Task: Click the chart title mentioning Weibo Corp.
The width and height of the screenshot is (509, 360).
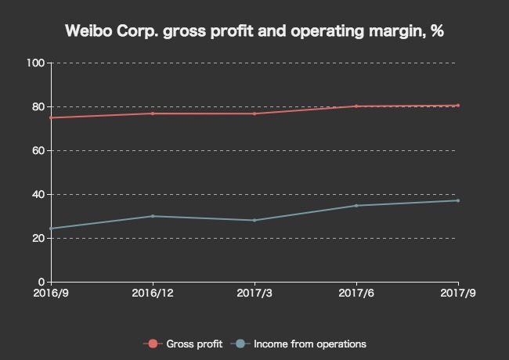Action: click(x=254, y=32)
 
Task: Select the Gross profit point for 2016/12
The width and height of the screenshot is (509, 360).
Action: click(x=153, y=113)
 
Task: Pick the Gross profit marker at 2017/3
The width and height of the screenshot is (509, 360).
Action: click(x=254, y=113)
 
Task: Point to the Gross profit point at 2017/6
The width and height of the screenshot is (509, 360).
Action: click(x=356, y=106)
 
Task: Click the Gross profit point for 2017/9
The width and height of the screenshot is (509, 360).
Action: click(x=458, y=106)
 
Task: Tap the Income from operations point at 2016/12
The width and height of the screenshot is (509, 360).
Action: click(x=153, y=216)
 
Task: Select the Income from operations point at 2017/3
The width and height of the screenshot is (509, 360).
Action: click(x=254, y=220)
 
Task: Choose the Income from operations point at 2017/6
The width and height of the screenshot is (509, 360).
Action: click(x=356, y=205)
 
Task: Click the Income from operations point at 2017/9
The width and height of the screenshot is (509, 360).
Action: click(x=458, y=200)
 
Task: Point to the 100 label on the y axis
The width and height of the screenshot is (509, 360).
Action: click(x=36, y=63)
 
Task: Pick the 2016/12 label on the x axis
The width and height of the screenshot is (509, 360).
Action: click(x=153, y=293)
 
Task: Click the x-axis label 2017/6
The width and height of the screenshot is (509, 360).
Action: click(x=356, y=293)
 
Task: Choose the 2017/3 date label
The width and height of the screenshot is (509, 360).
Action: click(x=254, y=293)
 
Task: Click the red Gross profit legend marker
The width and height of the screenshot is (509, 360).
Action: click(x=153, y=344)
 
